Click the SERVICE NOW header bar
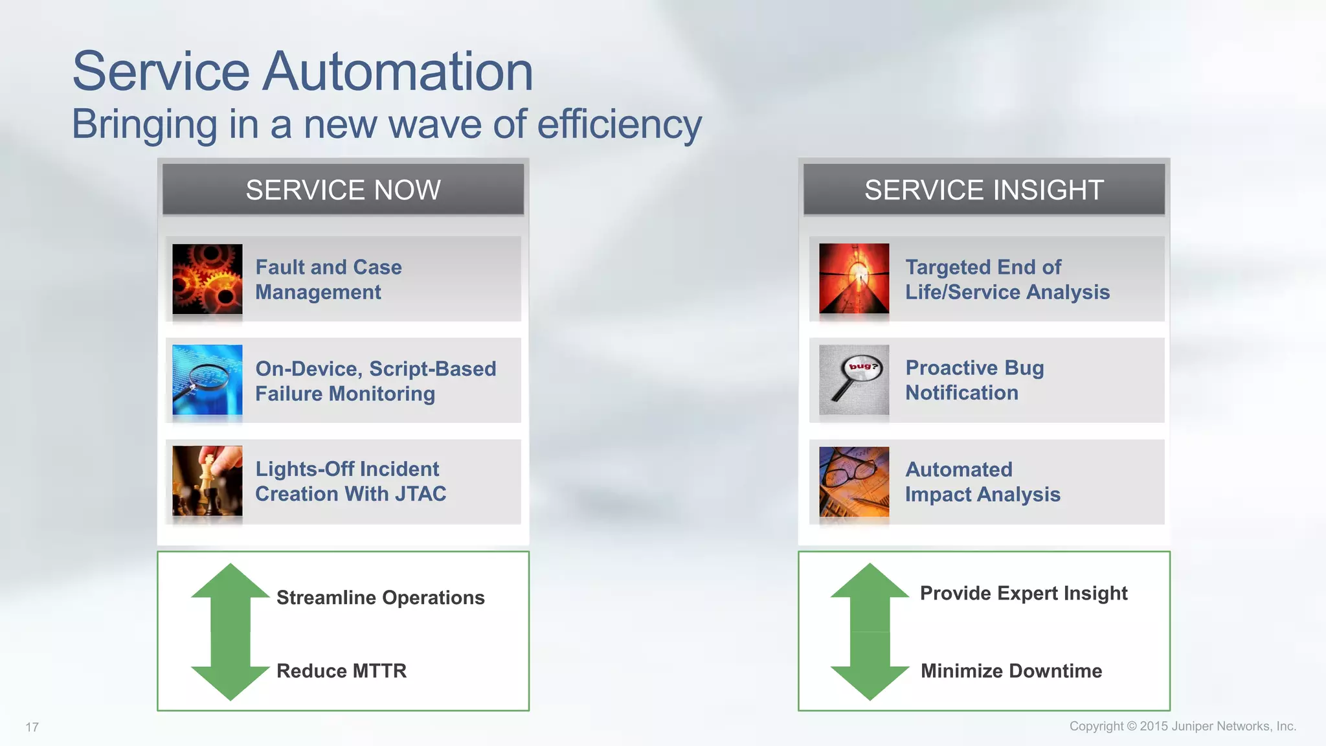pyautogui.click(x=343, y=190)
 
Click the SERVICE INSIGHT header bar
pyautogui.click(x=983, y=190)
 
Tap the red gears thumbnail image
pyautogui.click(x=207, y=279)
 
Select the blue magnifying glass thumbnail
pyautogui.click(x=207, y=380)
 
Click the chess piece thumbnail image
pyautogui.click(x=207, y=480)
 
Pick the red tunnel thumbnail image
pyautogui.click(x=854, y=278)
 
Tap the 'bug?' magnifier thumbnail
pyautogui.click(x=854, y=380)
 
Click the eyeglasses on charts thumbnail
pyautogui.click(x=854, y=481)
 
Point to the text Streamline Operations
pyautogui.click(x=380, y=597)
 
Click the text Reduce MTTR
pyautogui.click(x=341, y=671)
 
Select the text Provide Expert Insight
pyautogui.click(x=1024, y=593)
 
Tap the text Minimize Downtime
pyautogui.click(x=1011, y=671)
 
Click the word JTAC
pyautogui.click(x=420, y=494)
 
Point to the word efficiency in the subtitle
pyautogui.click(x=619, y=124)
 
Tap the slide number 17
pyautogui.click(x=32, y=727)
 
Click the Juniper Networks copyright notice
pyautogui.click(x=1182, y=726)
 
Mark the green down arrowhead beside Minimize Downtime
pyautogui.click(x=870, y=682)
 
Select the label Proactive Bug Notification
pyautogui.click(x=974, y=380)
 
